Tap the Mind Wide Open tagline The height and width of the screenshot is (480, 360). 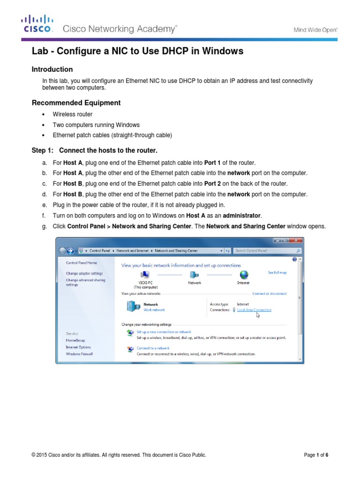pos(315,30)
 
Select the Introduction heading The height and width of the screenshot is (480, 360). pos(52,69)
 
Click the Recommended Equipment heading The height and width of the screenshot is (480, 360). pos(76,103)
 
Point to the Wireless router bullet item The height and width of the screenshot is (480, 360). pos(73,114)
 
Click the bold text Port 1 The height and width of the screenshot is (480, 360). pos(214,163)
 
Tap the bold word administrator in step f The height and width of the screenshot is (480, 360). pos(240,215)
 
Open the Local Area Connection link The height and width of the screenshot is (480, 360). pos(254,310)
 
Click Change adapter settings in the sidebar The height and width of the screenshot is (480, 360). pos(84,273)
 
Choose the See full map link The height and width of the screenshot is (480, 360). pos(277,272)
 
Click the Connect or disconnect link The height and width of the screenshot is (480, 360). pos(270,294)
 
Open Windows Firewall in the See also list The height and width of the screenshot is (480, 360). pos(79,354)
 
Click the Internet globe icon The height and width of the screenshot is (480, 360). pos(243,275)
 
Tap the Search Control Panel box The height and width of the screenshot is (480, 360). pos(265,251)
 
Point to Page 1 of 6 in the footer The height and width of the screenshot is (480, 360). pos(316,455)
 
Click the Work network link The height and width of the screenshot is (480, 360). pos(154,310)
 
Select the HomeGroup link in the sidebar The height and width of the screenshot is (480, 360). pos(76,340)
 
